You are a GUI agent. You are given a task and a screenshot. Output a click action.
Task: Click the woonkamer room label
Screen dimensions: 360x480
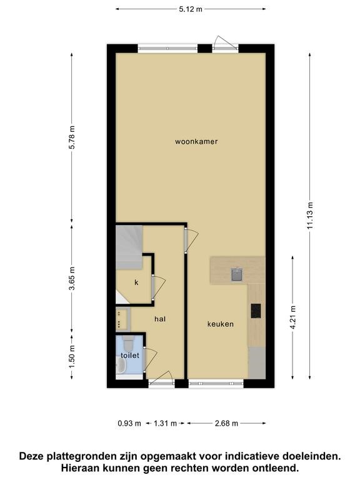(196, 141)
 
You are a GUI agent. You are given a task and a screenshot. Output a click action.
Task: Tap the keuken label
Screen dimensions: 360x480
(221, 324)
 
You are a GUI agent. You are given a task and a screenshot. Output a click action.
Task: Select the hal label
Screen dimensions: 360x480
(160, 319)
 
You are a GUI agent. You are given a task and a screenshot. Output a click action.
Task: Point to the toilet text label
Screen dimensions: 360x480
(130, 356)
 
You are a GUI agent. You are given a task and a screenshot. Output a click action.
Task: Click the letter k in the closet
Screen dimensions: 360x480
(136, 282)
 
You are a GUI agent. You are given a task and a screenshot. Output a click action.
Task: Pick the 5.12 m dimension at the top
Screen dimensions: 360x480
(191, 9)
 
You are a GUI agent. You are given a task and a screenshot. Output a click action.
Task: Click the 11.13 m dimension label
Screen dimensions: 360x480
(310, 216)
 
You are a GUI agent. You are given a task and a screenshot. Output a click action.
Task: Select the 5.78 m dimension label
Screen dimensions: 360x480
(72, 137)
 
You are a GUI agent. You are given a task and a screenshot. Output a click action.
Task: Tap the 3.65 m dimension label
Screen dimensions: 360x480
(72, 279)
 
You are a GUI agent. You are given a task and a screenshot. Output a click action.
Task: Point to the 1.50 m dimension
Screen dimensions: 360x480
(72, 357)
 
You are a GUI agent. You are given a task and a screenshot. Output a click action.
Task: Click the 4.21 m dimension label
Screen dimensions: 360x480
(293, 317)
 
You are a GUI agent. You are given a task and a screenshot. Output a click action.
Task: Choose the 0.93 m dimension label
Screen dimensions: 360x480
(129, 423)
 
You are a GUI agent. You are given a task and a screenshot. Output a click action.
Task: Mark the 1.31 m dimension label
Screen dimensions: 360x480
(165, 423)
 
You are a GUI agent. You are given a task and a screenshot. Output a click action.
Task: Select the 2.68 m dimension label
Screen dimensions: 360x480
(226, 423)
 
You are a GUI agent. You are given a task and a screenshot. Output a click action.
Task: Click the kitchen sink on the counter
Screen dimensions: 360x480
(237, 274)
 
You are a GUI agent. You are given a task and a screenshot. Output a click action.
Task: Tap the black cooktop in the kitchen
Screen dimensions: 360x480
(256, 311)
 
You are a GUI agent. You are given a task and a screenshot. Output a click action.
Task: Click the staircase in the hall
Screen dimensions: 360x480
(129, 247)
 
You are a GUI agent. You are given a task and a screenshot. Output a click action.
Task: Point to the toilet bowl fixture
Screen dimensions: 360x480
(127, 344)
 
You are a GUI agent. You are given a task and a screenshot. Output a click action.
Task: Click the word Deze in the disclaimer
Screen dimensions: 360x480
(31, 456)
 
